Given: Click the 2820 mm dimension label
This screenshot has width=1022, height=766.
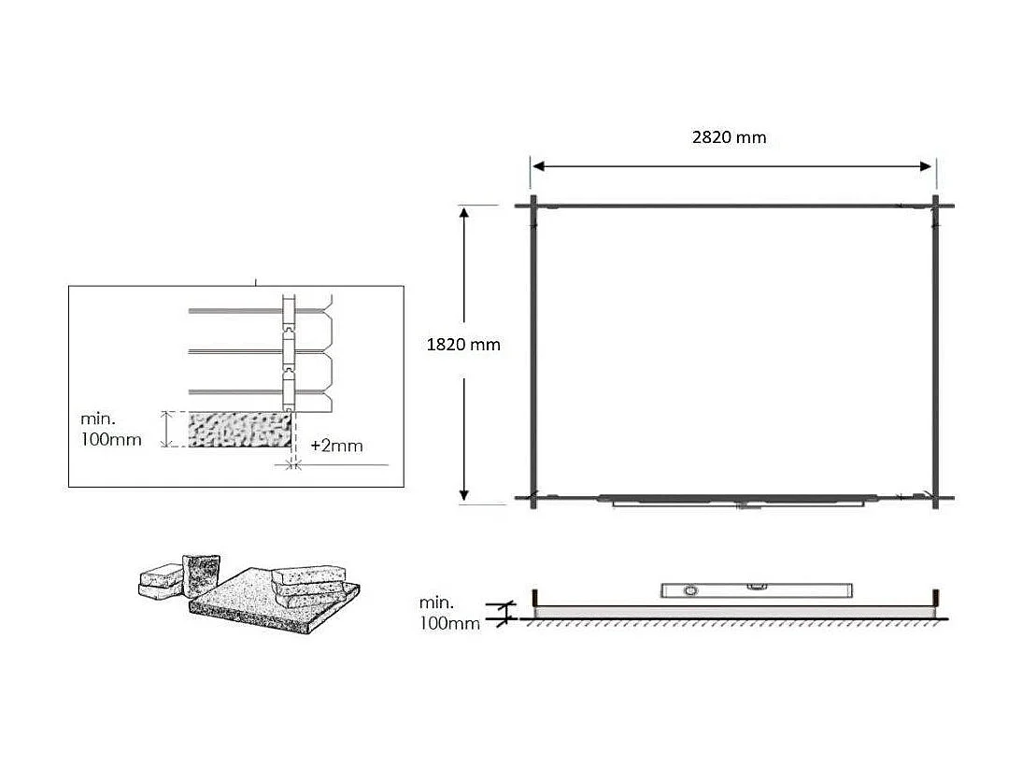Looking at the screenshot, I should point(729,137).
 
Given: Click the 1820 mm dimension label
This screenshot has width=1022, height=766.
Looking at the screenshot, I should point(463,345).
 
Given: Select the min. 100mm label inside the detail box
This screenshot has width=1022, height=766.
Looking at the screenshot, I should point(111,429).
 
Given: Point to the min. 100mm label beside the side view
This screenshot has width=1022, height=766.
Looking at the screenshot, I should point(449,613).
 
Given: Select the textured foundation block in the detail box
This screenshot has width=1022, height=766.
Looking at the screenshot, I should point(237,430).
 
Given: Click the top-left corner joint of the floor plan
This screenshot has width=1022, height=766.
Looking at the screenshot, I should point(533,206).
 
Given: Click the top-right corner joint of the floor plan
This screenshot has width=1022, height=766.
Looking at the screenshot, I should point(935,206).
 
